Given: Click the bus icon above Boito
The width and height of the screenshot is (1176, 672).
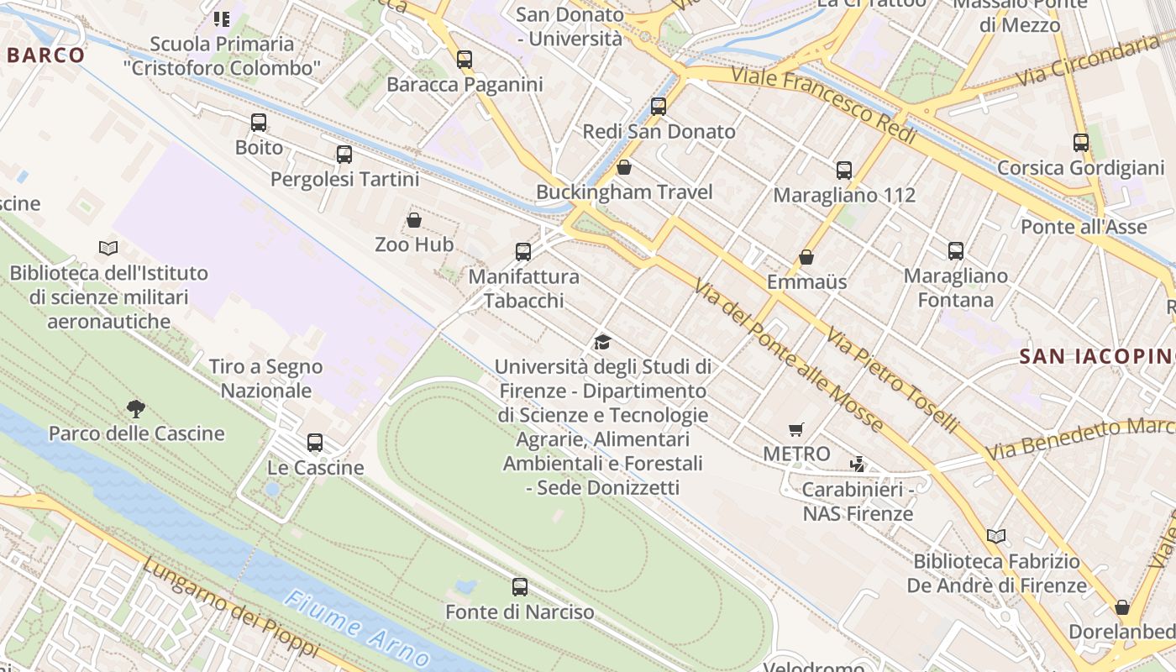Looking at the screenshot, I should click(259, 123).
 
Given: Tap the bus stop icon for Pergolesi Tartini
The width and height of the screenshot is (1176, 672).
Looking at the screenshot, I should click(344, 155).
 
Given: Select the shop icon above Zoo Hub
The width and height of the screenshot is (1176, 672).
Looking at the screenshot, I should click(414, 221).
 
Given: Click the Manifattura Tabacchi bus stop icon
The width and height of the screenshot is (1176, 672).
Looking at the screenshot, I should click(523, 252).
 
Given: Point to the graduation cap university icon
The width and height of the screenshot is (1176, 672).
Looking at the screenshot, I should click(602, 342).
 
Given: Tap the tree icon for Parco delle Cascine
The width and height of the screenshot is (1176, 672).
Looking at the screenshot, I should click(136, 409).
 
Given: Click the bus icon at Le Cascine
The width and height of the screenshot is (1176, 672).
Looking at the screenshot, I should click(315, 443).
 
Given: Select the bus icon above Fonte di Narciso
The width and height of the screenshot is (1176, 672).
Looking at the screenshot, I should click(520, 587).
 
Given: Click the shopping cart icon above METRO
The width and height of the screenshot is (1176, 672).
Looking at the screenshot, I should click(796, 430).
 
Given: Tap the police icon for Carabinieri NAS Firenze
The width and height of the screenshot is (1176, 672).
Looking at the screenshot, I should click(858, 464).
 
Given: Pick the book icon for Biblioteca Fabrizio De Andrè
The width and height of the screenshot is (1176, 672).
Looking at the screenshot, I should click(996, 536).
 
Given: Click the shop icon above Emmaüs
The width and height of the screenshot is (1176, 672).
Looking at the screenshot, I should click(806, 257).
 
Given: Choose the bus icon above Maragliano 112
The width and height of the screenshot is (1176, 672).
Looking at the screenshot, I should click(844, 171).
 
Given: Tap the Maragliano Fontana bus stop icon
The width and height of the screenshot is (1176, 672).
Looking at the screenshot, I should click(956, 251).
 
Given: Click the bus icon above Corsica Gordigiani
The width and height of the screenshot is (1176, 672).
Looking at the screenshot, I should click(1081, 143).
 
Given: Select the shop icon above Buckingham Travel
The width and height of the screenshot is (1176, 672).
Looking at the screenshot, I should click(624, 167).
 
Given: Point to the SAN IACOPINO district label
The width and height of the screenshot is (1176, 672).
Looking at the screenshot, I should click(1097, 356).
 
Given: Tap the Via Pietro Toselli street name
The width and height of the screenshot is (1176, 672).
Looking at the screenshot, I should click(892, 381).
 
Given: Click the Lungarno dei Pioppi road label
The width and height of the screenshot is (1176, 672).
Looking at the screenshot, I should click(230, 607).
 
